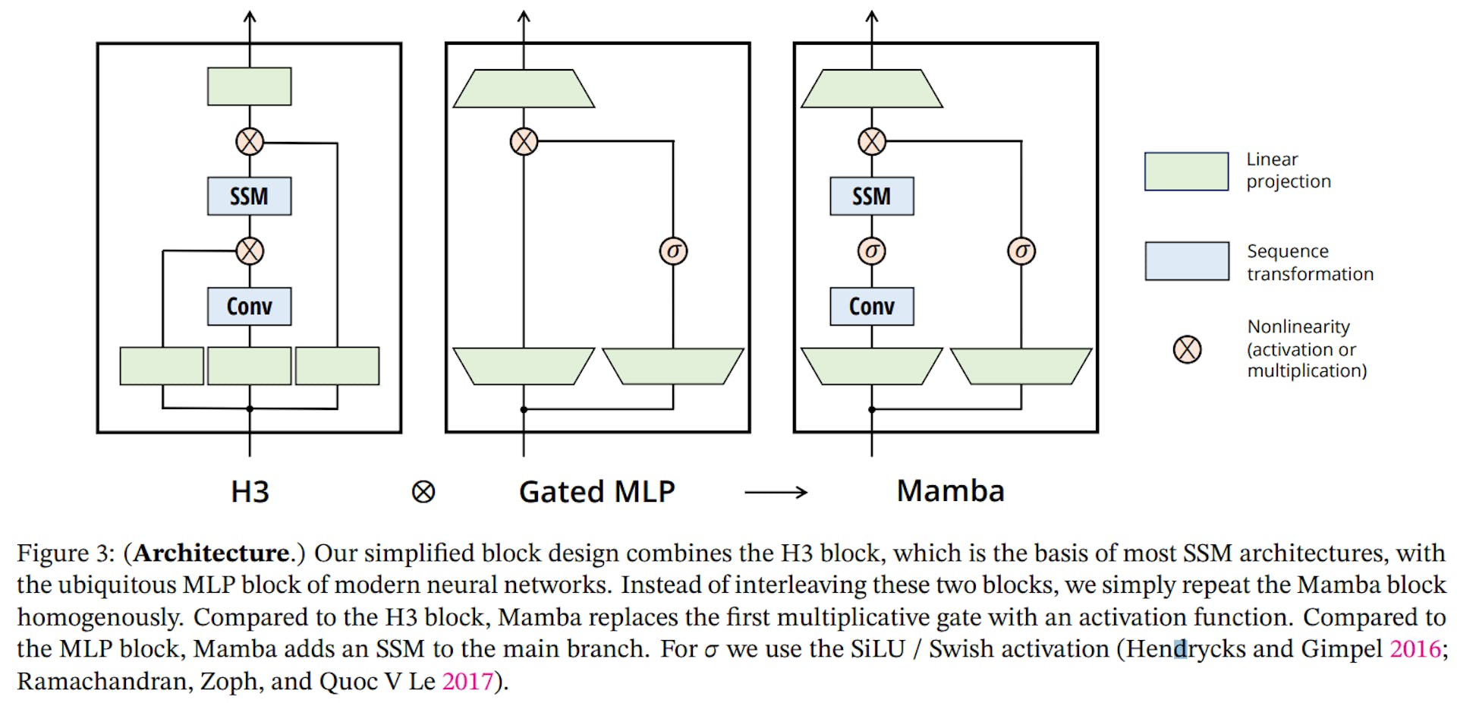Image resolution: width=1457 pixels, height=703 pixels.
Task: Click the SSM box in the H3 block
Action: click(249, 197)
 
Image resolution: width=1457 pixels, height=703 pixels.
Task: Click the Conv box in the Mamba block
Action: click(871, 306)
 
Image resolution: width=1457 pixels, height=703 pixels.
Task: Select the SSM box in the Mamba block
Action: click(871, 197)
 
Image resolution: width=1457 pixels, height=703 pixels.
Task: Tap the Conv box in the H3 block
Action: click(249, 306)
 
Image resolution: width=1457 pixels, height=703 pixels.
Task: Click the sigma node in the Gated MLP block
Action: click(673, 251)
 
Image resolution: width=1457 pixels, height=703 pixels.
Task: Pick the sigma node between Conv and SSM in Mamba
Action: click(871, 251)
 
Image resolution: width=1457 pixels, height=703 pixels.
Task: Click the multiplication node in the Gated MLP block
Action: click(524, 141)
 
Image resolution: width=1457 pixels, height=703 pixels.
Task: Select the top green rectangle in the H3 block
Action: click(249, 87)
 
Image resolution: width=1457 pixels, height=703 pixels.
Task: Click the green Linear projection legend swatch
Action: click(1186, 171)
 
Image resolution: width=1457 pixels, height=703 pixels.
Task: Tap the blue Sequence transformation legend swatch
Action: click(1186, 261)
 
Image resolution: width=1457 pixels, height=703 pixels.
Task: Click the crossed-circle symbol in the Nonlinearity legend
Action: click(1187, 349)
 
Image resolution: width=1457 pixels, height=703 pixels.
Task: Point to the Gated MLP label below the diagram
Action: click(596, 492)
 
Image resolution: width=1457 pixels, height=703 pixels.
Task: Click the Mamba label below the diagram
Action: click(950, 491)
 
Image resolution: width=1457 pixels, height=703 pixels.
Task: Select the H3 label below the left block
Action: click(250, 492)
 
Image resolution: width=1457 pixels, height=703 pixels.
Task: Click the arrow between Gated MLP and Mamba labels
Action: click(776, 493)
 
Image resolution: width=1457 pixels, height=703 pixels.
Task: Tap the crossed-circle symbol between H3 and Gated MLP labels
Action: click(423, 492)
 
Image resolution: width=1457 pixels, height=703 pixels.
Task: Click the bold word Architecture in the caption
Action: click(212, 553)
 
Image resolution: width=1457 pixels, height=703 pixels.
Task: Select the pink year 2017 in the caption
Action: click(467, 682)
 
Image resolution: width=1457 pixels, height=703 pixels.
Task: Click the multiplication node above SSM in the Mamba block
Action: click(871, 141)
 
